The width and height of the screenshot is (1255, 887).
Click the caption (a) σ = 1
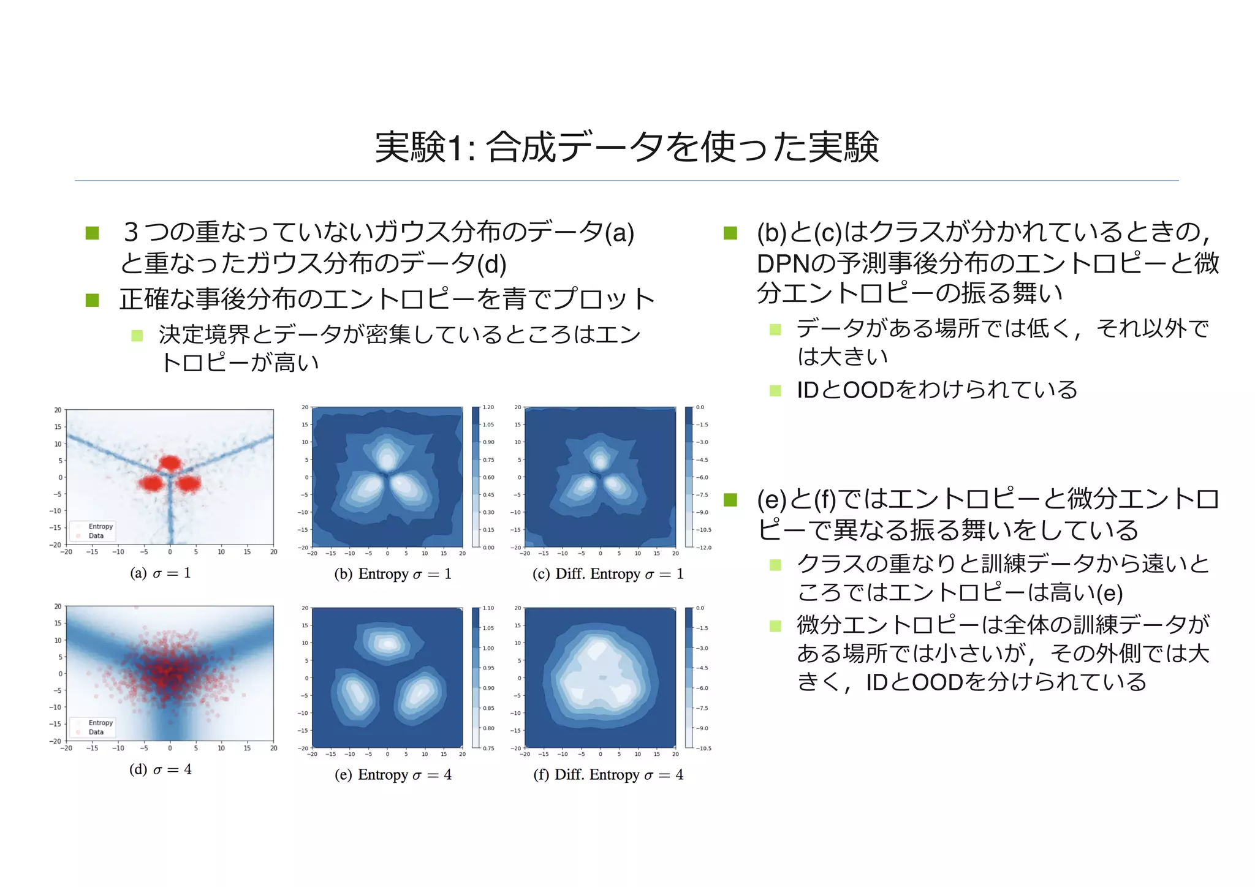161,573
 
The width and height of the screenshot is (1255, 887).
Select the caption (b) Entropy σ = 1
393,574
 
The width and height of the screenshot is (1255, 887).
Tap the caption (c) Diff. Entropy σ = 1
608,574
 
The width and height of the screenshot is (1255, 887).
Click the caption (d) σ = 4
161,769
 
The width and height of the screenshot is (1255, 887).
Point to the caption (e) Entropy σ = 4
393,775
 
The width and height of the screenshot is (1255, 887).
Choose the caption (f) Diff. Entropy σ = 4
608,775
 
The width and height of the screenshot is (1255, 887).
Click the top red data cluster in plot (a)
170,463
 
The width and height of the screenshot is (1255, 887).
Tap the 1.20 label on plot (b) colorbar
488,407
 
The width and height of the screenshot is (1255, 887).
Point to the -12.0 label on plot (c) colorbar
703,547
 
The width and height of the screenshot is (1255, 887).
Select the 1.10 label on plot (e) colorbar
488,608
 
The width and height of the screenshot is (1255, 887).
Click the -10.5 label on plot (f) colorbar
703,748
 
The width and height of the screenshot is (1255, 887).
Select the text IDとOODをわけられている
936,390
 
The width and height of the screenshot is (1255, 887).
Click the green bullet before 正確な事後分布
93,300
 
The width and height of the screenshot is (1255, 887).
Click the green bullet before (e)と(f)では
730,500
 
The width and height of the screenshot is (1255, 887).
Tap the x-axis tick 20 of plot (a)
273,552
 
